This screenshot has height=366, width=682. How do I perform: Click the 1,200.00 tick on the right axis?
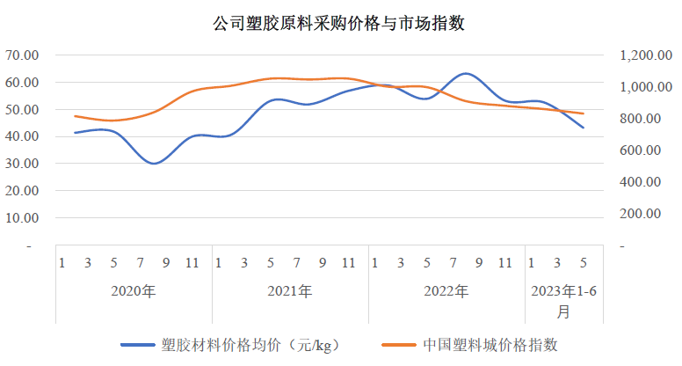(x=640, y=55)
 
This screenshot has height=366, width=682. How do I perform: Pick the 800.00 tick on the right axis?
(x=644, y=119)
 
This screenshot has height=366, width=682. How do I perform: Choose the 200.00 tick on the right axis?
(x=644, y=214)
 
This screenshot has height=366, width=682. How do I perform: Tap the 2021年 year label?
(x=289, y=291)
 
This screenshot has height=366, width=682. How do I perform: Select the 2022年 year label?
(x=446, y=291)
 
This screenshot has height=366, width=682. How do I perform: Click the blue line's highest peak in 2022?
(x=466, y=74)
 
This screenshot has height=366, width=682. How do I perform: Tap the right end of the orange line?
(x=583, y=113)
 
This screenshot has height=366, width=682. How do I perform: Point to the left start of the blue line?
(x=76, y=133)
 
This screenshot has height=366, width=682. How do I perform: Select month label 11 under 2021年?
(x=348, y=262)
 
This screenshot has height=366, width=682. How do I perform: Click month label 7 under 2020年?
(x=140, y=262)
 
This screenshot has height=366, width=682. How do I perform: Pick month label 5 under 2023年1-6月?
(x=583, y=262)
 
